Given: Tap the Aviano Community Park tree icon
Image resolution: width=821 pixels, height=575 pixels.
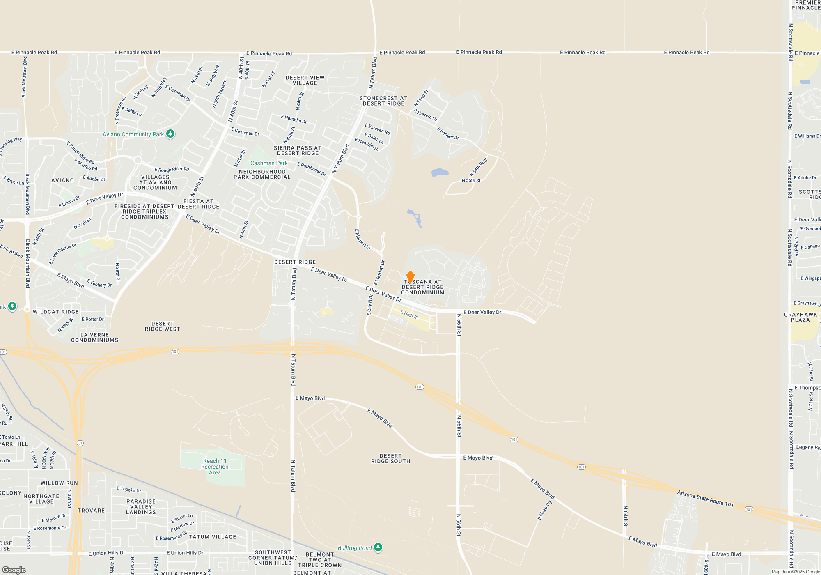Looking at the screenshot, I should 170,134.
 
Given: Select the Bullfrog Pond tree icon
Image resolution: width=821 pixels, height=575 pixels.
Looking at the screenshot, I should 378,547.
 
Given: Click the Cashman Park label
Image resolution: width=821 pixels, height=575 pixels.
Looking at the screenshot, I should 269,163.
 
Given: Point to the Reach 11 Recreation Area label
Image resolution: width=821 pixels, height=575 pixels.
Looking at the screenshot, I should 215,467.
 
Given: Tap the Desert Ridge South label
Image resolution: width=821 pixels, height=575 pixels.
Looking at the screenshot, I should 390,458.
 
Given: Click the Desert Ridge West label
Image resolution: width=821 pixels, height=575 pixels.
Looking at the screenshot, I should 162,326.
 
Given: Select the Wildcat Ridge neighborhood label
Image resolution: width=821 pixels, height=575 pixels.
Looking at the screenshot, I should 56,312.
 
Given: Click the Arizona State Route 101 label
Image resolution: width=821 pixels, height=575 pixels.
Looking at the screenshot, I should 705,498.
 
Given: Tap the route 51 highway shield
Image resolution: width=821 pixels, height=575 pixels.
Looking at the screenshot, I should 80,443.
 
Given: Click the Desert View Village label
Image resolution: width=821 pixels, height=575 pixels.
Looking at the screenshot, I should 305,80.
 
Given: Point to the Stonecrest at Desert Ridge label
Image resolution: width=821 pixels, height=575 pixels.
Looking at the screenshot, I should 383,101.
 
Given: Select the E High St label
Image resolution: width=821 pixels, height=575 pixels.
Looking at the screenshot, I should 409,315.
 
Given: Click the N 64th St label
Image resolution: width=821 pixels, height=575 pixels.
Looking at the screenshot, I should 625,517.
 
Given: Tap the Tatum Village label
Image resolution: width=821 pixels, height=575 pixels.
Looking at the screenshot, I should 212,537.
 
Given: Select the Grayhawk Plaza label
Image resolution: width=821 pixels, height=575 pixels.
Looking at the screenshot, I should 800,317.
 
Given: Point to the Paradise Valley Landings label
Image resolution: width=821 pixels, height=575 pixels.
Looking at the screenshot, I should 141,507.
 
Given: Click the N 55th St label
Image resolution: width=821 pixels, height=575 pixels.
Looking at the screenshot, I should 471,180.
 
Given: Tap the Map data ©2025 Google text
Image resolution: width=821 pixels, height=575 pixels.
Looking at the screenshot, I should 795,572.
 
